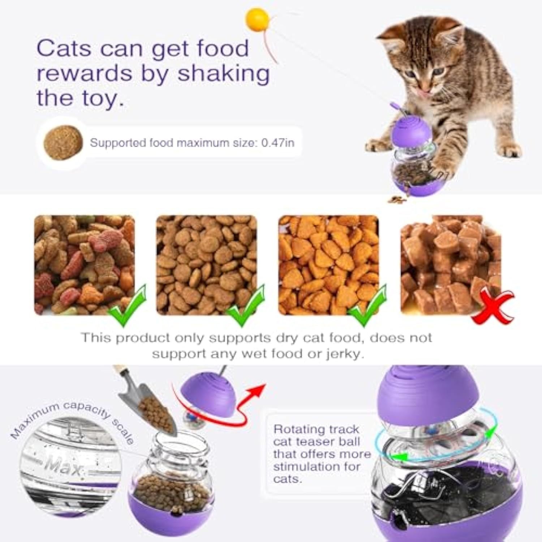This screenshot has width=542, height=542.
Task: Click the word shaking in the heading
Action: pos(223,73)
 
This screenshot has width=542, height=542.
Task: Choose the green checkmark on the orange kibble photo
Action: pos(369,306)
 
